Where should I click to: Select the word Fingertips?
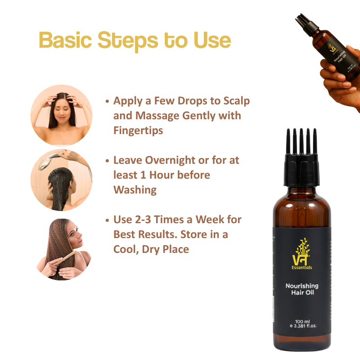(138, 130)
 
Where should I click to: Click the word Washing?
(135, 189)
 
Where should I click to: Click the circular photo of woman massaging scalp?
(61, 115)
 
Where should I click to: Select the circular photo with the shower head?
(61, 180)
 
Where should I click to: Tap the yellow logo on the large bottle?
(301, 252)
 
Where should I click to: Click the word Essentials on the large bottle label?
(302, 267)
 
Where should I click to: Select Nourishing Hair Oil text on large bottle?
(302, 289)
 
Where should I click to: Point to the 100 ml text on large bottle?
(302, 321)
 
